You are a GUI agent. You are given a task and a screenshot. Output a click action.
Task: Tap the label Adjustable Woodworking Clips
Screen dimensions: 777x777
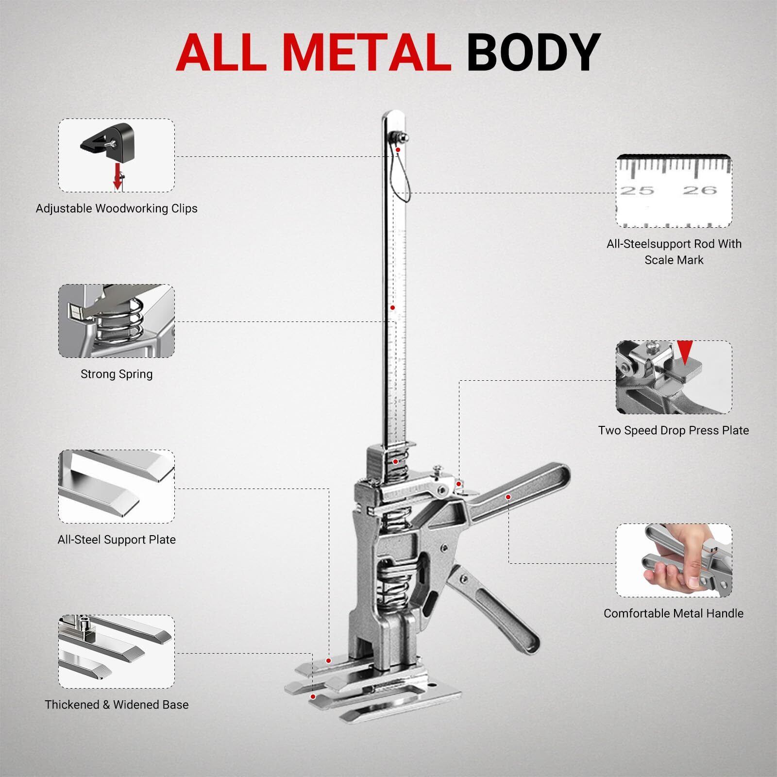tap(117, 209)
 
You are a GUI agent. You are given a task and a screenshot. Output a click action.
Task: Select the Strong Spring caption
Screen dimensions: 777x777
tap(117, 374)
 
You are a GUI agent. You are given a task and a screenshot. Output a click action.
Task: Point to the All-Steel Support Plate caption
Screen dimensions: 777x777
tap(117, 540)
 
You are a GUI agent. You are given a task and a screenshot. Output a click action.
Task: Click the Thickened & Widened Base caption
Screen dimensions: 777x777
tap(117, 705)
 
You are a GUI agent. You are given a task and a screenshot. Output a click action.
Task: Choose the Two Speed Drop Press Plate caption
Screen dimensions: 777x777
tap(674, 431)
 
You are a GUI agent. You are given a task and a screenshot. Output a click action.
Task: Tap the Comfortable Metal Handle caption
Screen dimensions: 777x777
tap(674, 613)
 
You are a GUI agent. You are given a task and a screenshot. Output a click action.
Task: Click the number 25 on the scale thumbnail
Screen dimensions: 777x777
tap(637, 190)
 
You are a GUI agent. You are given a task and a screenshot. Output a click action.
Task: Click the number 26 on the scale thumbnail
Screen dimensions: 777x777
tap(700, 190)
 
